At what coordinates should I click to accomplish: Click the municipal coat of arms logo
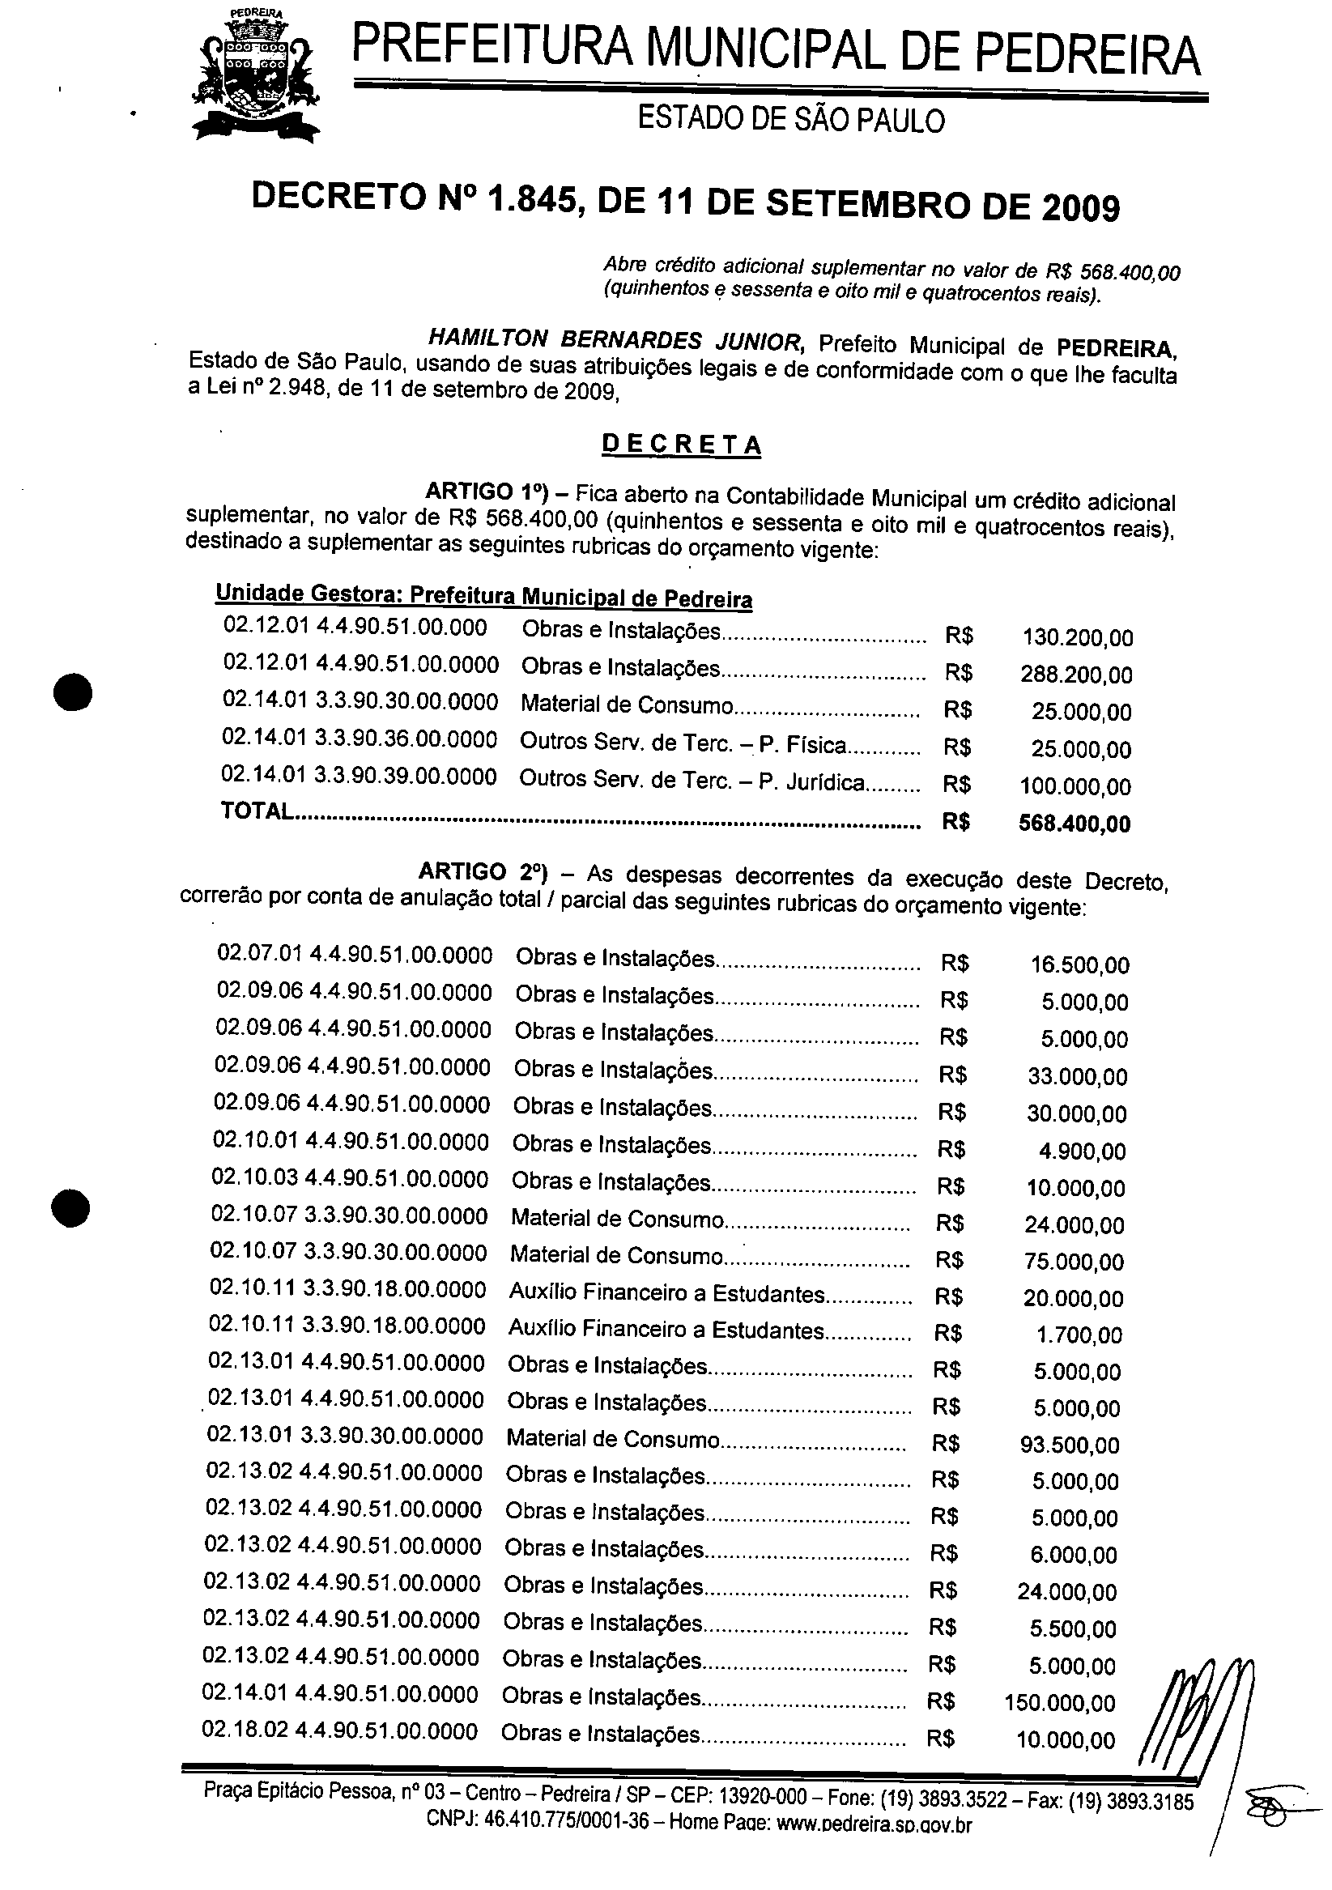click(255, 76)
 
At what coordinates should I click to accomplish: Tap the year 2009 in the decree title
click(1081, 208)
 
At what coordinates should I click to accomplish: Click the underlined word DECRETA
click(682, 445)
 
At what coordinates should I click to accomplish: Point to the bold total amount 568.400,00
click(1075, 824)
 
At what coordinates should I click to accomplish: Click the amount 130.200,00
click(1078, 637)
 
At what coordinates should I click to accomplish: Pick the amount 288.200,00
click(1076, 675)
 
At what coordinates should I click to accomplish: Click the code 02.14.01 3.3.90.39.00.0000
click(359, 777)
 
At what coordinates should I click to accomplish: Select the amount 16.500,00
click(1080, 964)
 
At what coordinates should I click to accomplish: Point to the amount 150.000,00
click(1060, 1703)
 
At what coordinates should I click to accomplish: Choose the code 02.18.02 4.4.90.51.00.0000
click(339, 1731)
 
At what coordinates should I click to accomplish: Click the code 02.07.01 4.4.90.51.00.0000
click(355, 954)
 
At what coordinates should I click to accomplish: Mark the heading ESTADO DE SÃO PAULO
click(791, 120)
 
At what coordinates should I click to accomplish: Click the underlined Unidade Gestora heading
click(483, 596)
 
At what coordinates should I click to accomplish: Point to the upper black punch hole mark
click(72, 692)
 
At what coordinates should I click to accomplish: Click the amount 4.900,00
click(1082, 1151)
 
